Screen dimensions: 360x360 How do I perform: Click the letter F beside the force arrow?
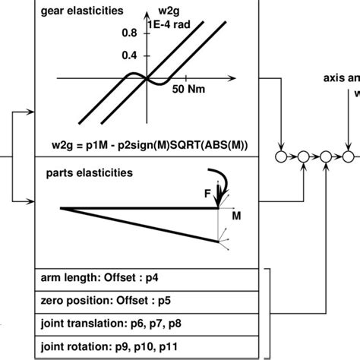207,194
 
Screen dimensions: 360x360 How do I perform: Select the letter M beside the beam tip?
236,217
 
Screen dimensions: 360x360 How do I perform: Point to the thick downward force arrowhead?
219,202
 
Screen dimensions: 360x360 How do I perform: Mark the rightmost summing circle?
347,157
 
